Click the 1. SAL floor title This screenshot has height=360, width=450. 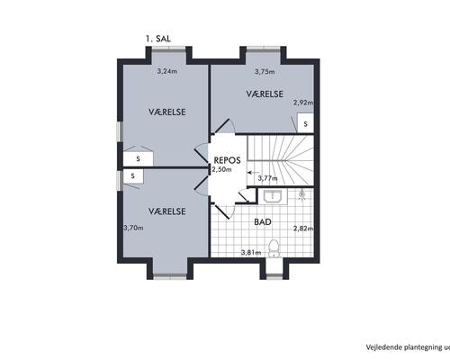coord(158,39)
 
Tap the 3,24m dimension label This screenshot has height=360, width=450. coord(167,71)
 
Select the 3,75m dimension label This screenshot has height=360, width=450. coord(265,72)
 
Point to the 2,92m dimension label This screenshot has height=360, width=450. coord(303,103)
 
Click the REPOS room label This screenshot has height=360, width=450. coord(227,160)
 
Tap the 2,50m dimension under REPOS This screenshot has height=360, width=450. coord(222,169)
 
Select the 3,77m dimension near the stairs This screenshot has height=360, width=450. coord(267,178)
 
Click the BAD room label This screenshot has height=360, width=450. coord(263,222)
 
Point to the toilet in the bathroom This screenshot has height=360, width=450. coord(274,248)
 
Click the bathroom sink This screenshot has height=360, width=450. coord(273,197)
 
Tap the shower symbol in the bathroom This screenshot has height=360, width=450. coord(302,194)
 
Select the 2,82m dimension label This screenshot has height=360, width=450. coord(303,229)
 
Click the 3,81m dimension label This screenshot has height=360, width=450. coord(251,253)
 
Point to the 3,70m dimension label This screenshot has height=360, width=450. coord(133,228)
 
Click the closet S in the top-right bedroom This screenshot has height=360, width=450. coord(305,123)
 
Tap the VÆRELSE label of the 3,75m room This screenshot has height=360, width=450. coord(265,94)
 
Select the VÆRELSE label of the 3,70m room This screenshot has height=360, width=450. coord(167,211)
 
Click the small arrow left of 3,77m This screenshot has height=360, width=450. coord(252,173)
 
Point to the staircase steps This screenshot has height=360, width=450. coord(280,160)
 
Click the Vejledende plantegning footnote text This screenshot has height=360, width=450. coord(408,347)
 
